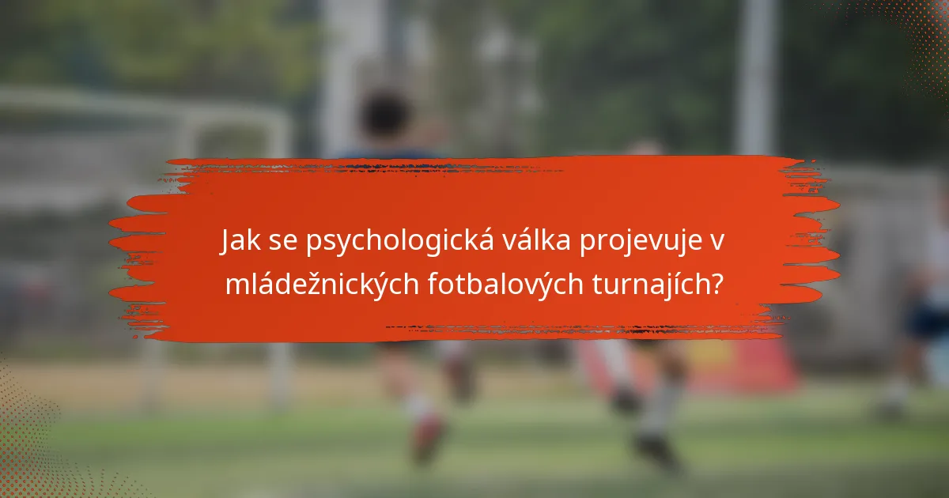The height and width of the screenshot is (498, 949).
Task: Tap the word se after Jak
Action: tap(278, 245)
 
